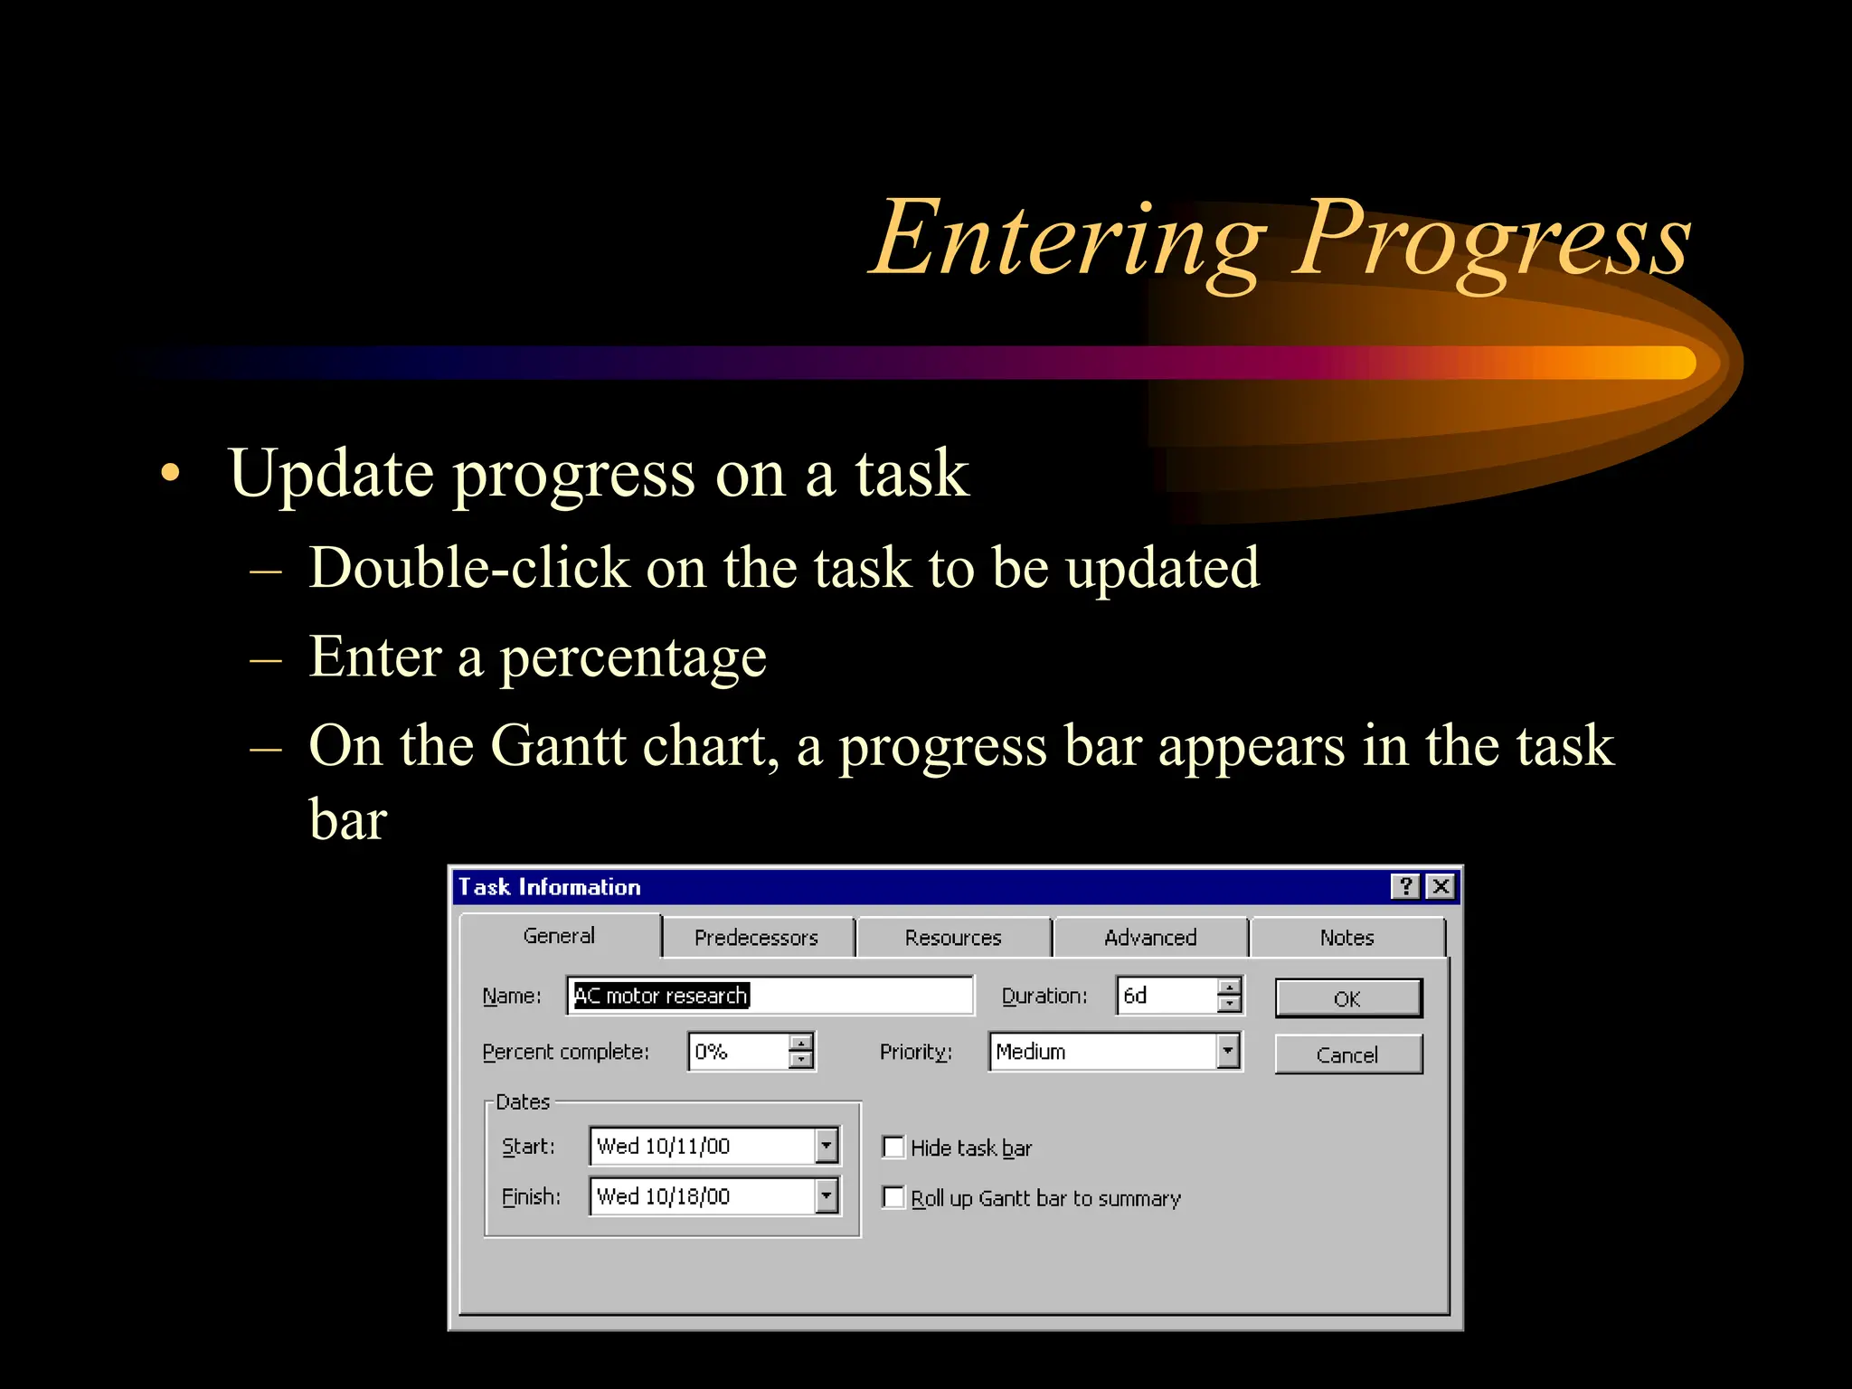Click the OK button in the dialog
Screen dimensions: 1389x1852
[1347, 998]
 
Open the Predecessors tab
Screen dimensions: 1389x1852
[756, 938]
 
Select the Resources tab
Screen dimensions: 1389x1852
[953, 938]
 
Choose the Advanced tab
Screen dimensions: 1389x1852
[1149, 938]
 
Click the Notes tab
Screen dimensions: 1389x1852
[1346, 938]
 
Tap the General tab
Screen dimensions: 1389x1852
[559, 936]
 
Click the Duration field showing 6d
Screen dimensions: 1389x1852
[1166, 996]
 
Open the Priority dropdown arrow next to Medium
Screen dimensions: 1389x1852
[1227, 1052]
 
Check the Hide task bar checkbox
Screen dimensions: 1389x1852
[893, 1148]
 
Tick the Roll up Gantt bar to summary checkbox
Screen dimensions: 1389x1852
[893, 1197]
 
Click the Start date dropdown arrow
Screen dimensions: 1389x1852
[826, 1146]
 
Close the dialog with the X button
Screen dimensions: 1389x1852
[1441, 886]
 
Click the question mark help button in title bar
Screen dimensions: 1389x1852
[1405, 886]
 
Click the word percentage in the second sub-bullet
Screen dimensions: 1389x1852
[633, 657]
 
